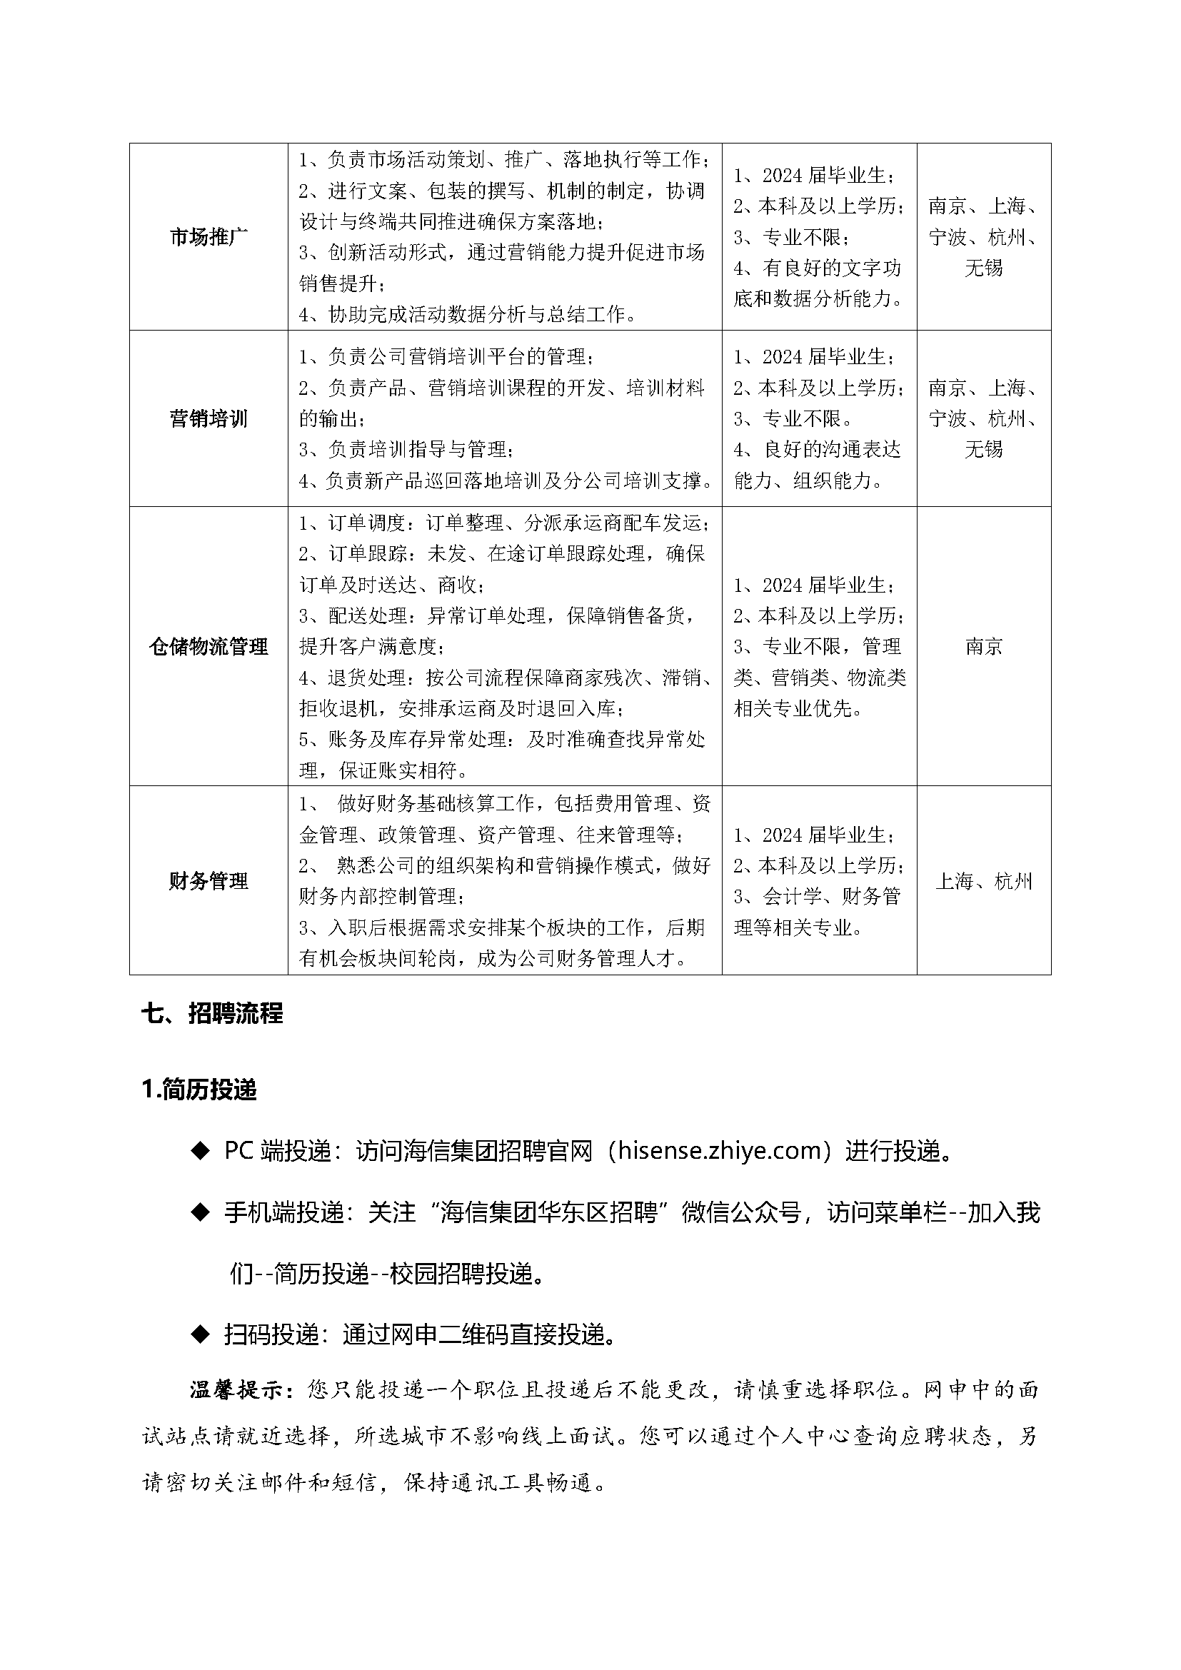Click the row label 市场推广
(x=208, y=237)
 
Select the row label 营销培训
(x=208, y=419)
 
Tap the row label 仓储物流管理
(x=208, y=647)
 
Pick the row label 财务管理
(x=208, y=882)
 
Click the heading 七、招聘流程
(x=211, y=1013)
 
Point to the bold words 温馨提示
(x=239, y=1390)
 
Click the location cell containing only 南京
(x=984, y=647)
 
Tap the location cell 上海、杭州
(x=984, y=882)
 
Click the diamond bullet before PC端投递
(x=199, y=1152)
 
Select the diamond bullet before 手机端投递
(x=199, y=1212)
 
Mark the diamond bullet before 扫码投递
(x=199, y=1334)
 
